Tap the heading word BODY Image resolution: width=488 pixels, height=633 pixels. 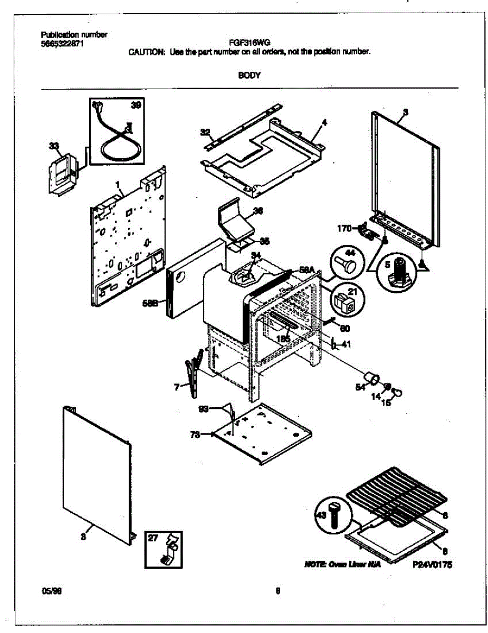(249, 75)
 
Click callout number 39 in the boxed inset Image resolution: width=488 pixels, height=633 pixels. (136, 105)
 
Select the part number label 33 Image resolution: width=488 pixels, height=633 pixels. (53, 145)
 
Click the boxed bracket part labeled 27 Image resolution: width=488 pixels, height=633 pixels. (163, 549)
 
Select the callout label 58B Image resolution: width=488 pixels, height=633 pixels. (150, 303)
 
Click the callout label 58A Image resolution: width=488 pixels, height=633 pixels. (307, 270)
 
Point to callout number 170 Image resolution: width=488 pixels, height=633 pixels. (345, 228)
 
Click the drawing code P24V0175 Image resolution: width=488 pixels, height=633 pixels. (433, 564)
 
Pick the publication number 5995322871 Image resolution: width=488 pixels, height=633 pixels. (62, 43)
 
